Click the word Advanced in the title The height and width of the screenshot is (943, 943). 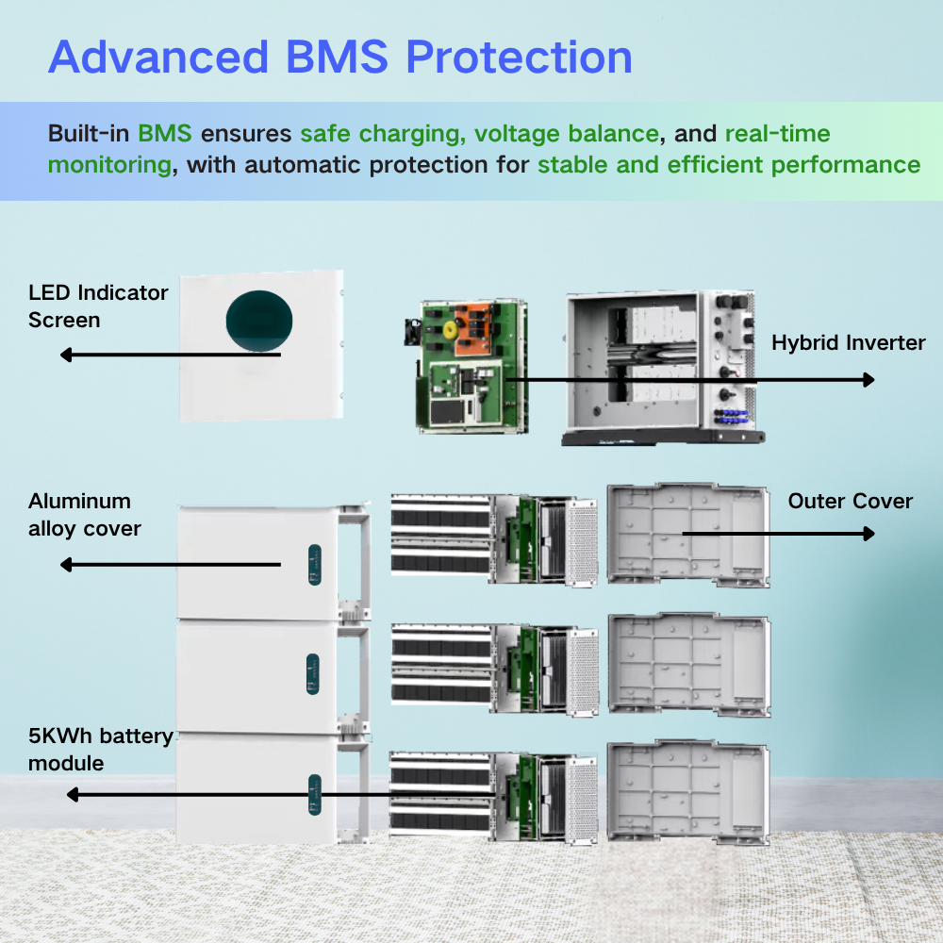(157, 58)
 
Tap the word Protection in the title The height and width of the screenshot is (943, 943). (519, 58)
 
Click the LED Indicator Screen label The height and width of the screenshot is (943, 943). (98, 306)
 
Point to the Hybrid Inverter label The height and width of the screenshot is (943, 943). (849, 342)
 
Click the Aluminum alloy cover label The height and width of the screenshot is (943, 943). (85, 515)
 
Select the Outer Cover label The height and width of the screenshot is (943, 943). (850, 501)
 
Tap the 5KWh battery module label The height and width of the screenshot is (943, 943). (100, 749)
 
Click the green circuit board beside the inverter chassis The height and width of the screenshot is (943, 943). (471, 368)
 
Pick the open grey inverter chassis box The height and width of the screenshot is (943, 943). (660, 368)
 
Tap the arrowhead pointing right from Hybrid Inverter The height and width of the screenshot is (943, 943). (869, 379)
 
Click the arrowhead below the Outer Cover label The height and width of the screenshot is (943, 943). (869, 534)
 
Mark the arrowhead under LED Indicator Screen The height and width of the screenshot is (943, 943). (66, 356)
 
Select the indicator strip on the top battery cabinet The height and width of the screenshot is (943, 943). (313, 564)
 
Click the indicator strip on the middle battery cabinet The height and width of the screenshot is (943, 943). (313, 672)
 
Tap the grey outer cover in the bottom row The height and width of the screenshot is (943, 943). (688, 790)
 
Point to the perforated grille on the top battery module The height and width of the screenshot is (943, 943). (582, 540)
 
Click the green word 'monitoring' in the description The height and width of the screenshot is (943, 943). (109, 165)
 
